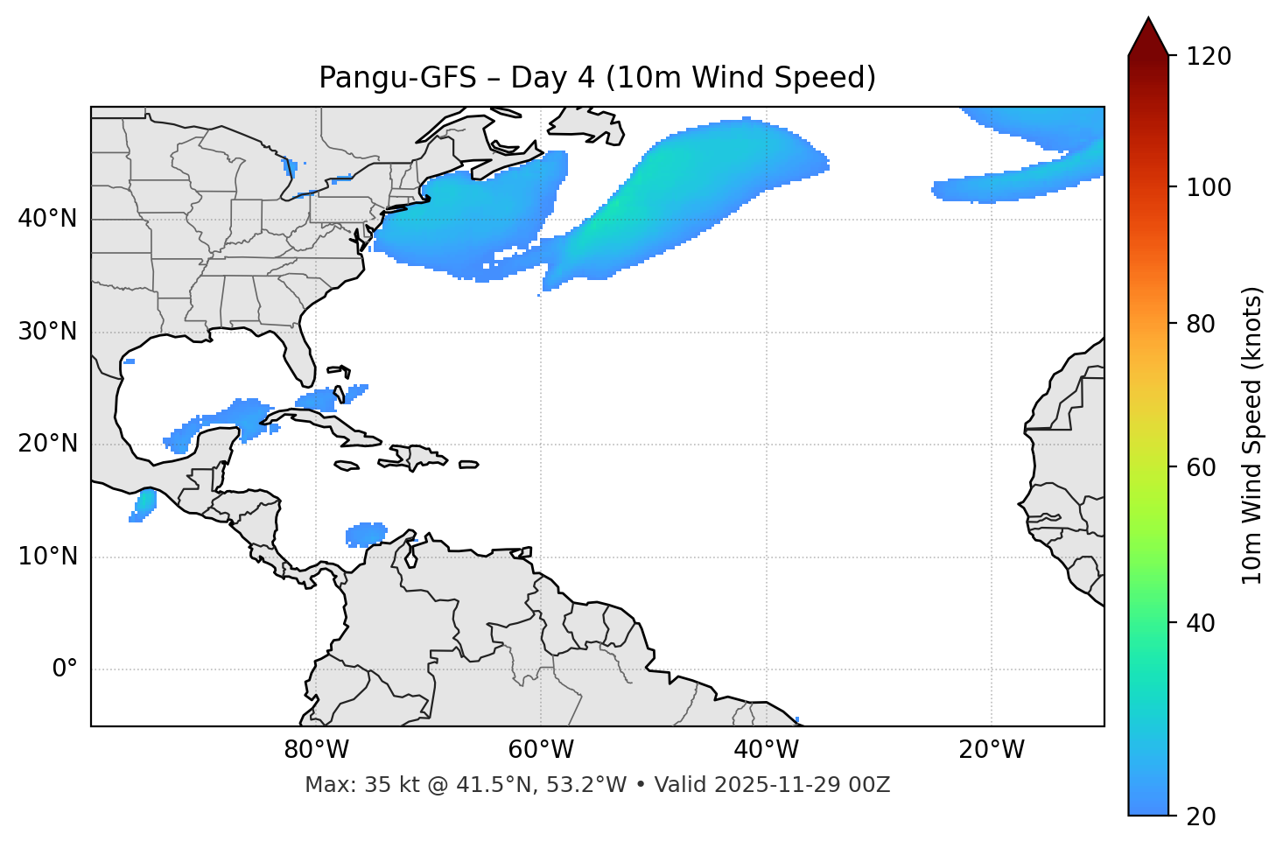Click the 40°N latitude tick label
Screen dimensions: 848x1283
[x=47, y=219]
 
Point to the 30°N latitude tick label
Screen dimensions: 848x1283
[x=47, y=332]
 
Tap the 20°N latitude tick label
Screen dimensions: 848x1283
[x=47, y=444]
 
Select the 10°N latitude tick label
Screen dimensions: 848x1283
[x=47, y=557]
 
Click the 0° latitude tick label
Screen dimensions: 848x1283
[x=65, y=669]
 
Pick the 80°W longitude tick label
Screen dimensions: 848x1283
[x=316, y=750]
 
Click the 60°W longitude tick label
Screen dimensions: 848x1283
[x=541, y=750]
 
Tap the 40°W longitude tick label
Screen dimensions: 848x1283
[x=767, y=750]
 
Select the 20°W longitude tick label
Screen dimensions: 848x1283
[x=992, y=750]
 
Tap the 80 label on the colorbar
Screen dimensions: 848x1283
[x=1201, y=324]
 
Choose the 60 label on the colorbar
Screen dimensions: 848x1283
[x=1201, y=467]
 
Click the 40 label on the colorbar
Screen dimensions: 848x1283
[x=1201, y=623]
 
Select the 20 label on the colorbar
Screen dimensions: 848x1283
[x=1201, y=816]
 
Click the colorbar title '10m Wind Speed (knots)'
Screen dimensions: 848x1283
[x=1252, y=435]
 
